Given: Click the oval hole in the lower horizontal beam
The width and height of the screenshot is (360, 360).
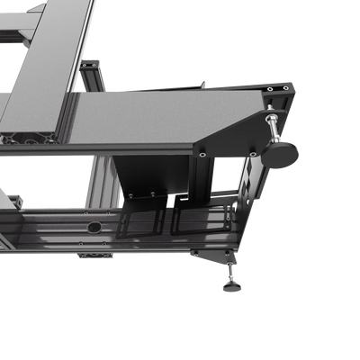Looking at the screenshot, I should (x=94, y=228).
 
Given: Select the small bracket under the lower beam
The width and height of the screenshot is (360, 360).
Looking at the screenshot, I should (x=94, y=256).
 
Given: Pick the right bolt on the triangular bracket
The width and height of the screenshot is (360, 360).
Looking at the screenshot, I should (x=254, y=154).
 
